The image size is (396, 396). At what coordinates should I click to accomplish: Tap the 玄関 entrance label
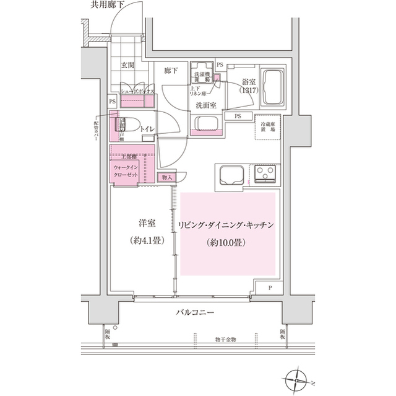tap(127, 65)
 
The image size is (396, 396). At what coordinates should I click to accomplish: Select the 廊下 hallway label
tap(171, 71)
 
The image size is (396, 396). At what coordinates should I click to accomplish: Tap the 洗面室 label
tap(205, 105)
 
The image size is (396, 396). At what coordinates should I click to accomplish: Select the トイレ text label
tap(147, 128)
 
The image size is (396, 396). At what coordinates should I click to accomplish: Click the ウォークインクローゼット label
tap(129, 171)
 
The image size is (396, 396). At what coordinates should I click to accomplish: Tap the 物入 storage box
tap(168, 177)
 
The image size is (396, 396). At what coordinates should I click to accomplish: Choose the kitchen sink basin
tap(231, 175)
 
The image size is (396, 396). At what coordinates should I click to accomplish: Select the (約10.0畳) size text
tap(225, 242)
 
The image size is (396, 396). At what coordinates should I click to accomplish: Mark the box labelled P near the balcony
tap(270, 289)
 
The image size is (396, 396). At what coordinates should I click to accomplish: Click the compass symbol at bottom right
tap(298, 378)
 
